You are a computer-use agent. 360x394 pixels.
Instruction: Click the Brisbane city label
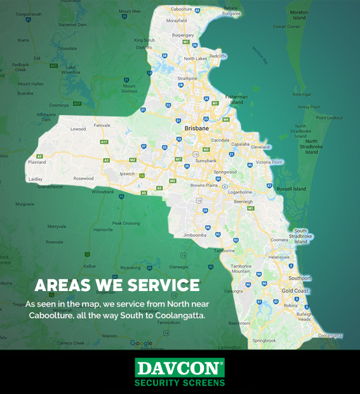point(197,128)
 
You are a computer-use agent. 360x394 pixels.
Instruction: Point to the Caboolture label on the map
point(181,10)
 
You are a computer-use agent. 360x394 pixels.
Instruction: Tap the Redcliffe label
point(218,56)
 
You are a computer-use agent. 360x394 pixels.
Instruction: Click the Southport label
point(299,278)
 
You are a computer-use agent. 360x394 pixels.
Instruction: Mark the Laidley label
point(36,179)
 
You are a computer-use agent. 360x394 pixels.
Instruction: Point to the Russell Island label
point(291,189)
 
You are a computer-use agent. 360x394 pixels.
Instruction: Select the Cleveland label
point(260,147)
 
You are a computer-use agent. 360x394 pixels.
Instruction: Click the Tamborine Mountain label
point(241,268)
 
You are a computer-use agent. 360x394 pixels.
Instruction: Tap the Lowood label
point(78,129)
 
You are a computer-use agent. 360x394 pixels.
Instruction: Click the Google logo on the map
point(141,343)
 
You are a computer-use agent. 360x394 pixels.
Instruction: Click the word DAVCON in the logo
point(180,368)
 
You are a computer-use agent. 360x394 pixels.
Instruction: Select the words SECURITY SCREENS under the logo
point(180,383)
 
